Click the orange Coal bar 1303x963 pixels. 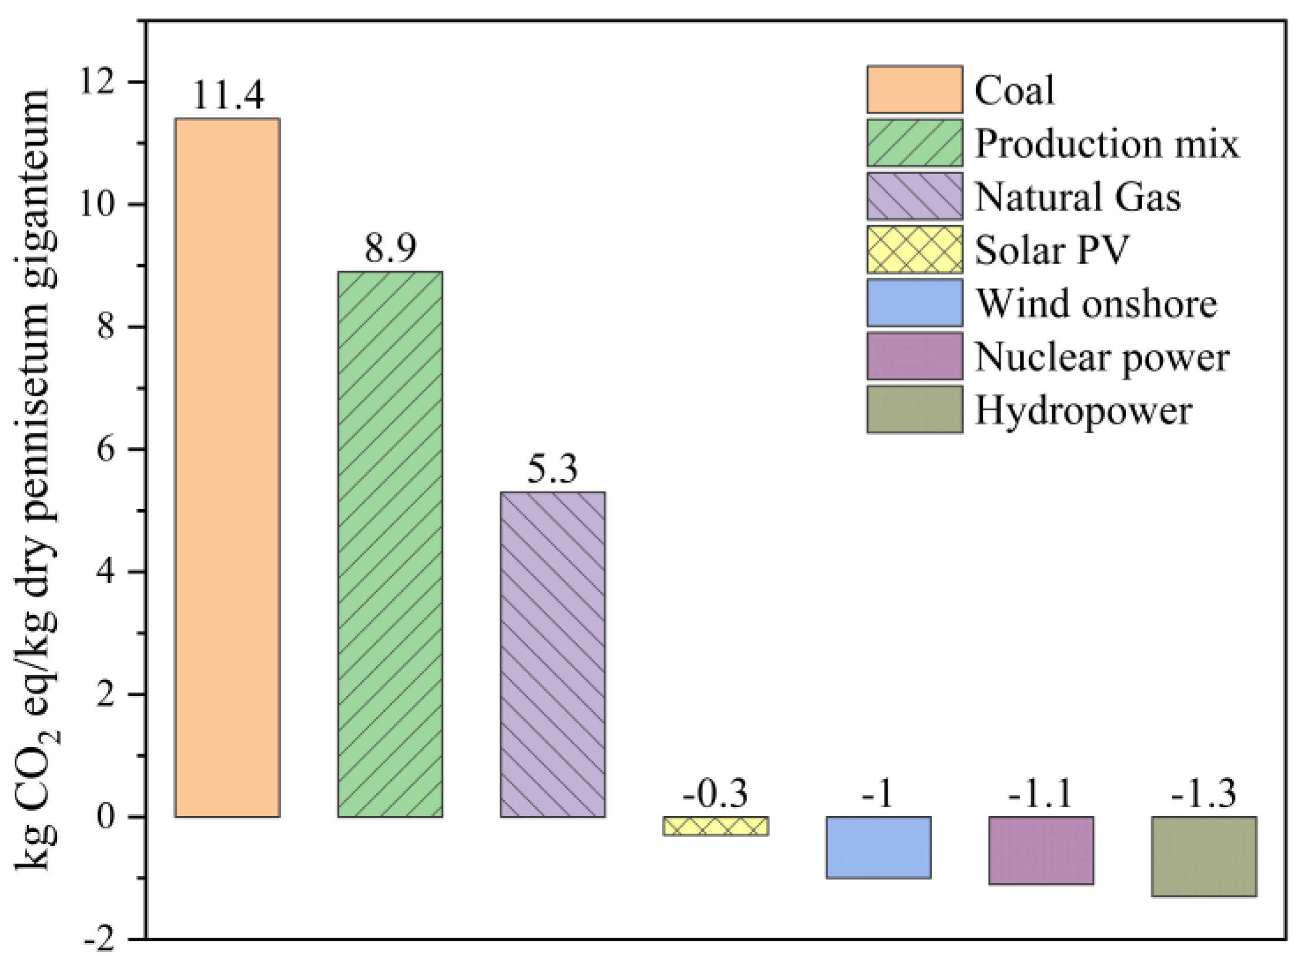(x=227, y=467)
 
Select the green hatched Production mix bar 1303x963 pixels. (x=390, y=544)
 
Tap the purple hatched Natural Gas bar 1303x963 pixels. (x=552, y=654)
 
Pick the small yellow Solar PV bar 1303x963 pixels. (x=716, y=826)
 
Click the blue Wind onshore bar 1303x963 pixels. (x=878, y=847)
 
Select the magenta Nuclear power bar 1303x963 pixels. (x=1041, y=850)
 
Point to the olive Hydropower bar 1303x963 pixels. (x=1204, y=856)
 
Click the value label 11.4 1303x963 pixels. (x=228, y=95)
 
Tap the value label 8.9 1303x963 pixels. (x=390, y=248)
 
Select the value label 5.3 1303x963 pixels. (x=552, y=469)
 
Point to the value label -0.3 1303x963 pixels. (x=715, y=793)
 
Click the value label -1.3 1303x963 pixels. (x=1204, y=793)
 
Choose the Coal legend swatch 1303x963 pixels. (x=915, y=89)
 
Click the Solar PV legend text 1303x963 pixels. (x=1052, y=250)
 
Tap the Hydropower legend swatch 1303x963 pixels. (x=915, y=410)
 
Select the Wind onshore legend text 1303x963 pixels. (x=1097, y=303)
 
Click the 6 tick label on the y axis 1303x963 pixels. (x=106, y=449)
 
